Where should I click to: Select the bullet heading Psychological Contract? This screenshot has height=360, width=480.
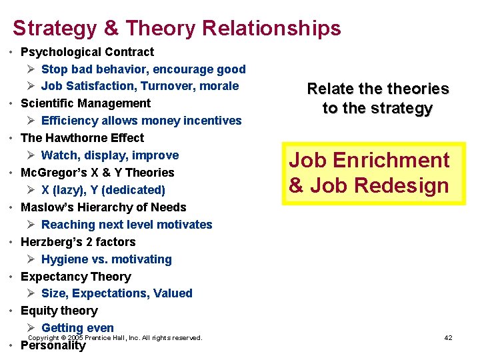click(87, 52)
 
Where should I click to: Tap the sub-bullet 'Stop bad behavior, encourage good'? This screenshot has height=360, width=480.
click(143, 69)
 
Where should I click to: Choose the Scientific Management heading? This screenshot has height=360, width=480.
click(85, 103)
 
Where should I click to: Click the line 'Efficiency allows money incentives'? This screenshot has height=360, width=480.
click(141, 121)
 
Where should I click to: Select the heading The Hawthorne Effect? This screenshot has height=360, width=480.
click(82, 138)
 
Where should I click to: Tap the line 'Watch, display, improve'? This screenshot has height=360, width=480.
click(109, 155)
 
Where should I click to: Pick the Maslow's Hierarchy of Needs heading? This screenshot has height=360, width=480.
click(103, 207)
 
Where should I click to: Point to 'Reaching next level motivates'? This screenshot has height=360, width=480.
click(126, 225)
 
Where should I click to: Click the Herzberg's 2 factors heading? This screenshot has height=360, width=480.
click(78, 242)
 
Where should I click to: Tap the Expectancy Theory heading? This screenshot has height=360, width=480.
click(75, 277)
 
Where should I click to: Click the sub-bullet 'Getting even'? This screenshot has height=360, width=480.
click(77, 327)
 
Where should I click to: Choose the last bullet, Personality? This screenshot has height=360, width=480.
click(53, 346)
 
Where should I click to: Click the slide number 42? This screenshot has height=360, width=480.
click(448, 338)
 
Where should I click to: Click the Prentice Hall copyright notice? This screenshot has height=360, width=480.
click(115, 338)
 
